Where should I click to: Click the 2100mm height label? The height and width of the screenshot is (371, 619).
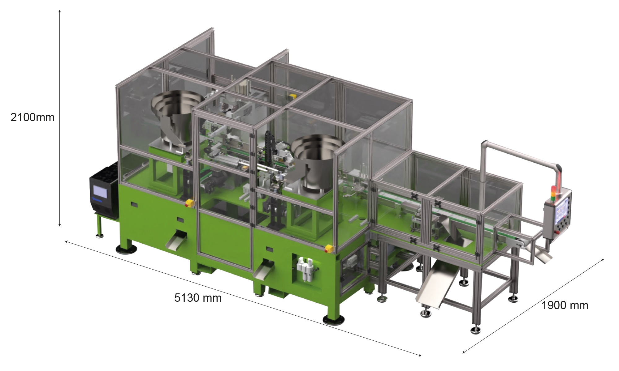(32, 117)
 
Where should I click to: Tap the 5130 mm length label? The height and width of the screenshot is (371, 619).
(198, 298)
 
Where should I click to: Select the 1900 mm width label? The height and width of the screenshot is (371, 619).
(565, 305)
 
